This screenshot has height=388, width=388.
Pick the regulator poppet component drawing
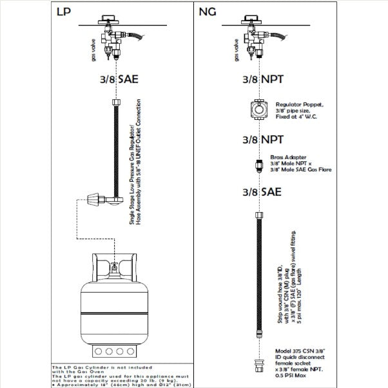click(x=259, y=110)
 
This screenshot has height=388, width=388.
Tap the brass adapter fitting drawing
click(x=258, y=165)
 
